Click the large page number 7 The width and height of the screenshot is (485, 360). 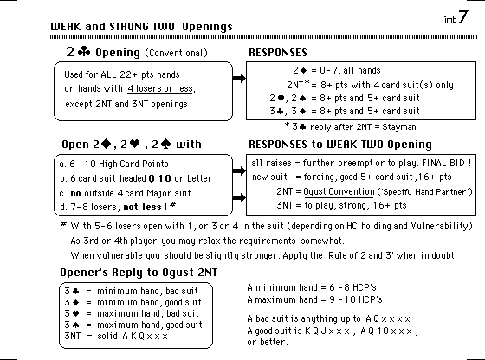click(x=463, y=16)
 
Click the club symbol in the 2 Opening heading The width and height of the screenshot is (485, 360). click(x=84, y=51)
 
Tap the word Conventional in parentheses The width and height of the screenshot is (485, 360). click(x=177, y=53)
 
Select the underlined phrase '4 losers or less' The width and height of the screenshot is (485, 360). click(x=160, y=88)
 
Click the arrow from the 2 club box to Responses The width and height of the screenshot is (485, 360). click(x=239, y=78)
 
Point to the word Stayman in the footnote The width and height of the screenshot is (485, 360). click(x=399, y=127)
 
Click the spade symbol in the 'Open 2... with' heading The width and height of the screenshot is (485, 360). click(x=165, y=144)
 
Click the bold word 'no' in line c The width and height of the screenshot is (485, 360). click(x=75, y=194)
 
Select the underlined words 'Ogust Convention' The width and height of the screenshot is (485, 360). click(x=339, y=191)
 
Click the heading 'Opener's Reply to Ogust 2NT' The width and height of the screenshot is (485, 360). click(x=139, y=273)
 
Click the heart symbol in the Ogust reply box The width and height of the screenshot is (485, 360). click(x=75, y=313)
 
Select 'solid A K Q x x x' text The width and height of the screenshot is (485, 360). click(x=133, y=336)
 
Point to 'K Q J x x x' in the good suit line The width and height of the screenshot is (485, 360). click(x=327, y=331)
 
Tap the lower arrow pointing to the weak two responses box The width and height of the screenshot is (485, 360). click(x=239, y=197)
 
